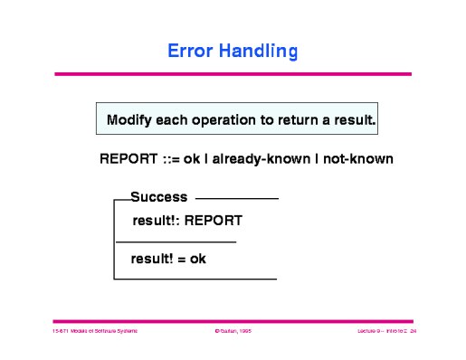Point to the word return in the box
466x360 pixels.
[301, 119]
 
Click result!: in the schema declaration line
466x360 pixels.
[156, 220]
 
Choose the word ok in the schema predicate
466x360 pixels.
[197, 259]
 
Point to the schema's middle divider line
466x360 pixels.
[176, 242]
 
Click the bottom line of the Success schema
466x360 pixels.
[195, 279]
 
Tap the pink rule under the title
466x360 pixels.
[233, 74]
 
